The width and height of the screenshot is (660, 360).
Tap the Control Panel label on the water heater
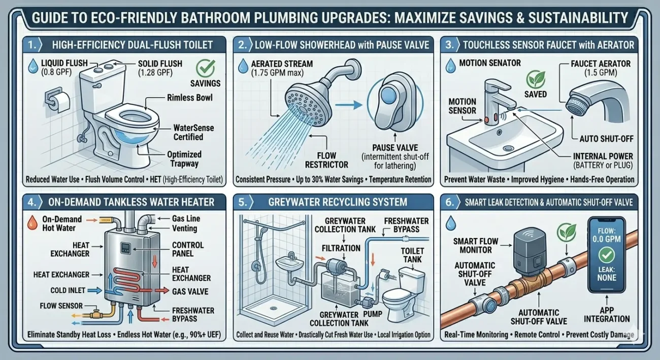188,249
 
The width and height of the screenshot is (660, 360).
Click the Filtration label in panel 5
342,248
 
